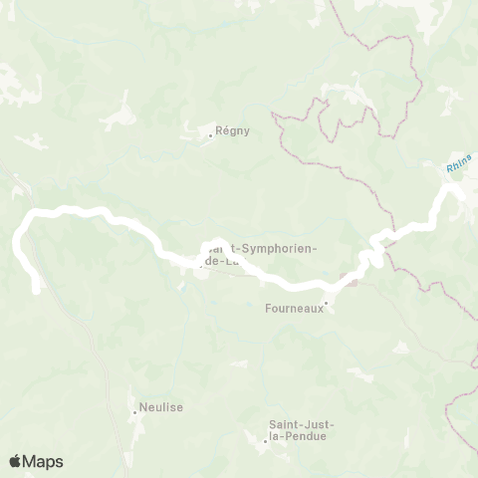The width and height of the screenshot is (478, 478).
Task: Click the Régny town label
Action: (x=230, y=130)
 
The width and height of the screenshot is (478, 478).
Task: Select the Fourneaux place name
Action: (x=294, y=309)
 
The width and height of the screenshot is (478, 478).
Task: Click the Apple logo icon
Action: (x=15, y=461)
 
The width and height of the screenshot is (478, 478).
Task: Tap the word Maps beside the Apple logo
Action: (x=44, y=461)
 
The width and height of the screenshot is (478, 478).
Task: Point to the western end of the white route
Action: (x=37, y=290)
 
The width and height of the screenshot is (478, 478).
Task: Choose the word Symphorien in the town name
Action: (x=281, y=249)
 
